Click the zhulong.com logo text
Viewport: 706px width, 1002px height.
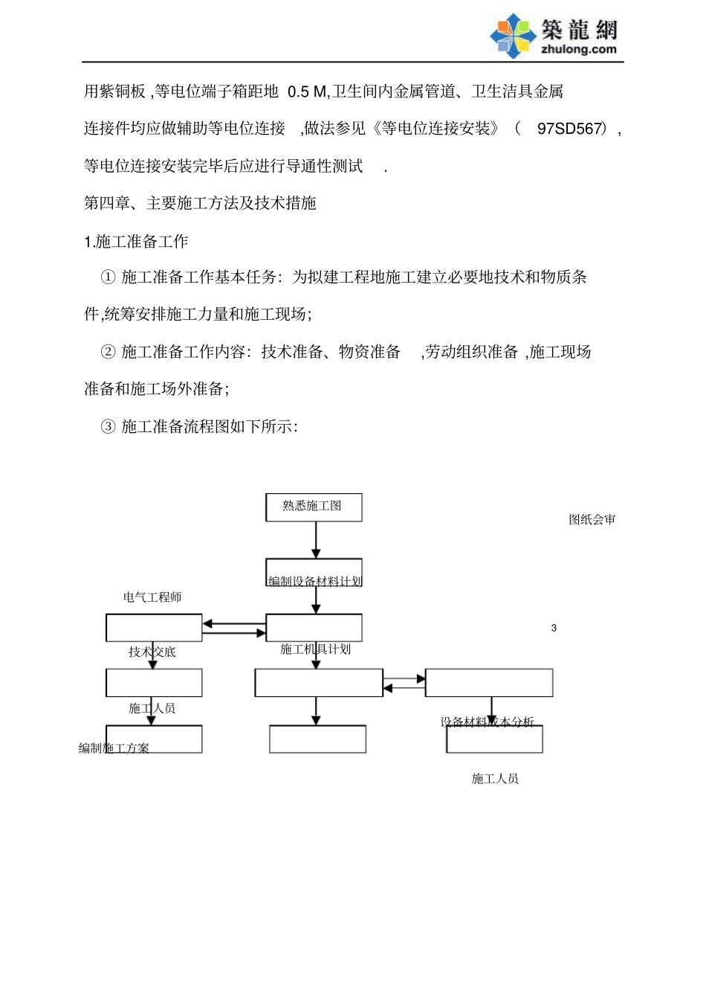pyautogui.click(x=579, y=50)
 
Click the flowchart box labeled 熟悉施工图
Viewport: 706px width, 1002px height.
pyautogui.click(x=314, y=507)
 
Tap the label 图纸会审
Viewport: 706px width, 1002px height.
pyautogui.click(x=592, y=520)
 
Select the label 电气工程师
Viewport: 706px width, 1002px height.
pyautogui.click(x=152, y=597)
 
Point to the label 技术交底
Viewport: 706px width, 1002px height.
pyautogui.click(x=152, y=652)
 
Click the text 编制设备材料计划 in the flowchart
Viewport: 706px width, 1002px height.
pyautogui.click(x=315, y=581)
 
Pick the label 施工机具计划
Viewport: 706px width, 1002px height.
pyautogui.click(x=315, y=649)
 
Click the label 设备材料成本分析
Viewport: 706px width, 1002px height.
pyautogui.click(x=487, y=722)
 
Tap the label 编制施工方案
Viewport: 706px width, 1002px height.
pyautogui.click(x=114, y=748)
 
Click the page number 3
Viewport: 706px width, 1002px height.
pyautogui.click(x=554, y=629)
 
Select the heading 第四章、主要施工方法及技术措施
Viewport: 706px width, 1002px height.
pyautogui.click(x=200, y=203)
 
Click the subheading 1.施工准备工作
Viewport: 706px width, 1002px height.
pyautogui.click(x=136, y=241)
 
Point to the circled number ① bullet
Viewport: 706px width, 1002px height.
pyautogui.click(x=108, y=277)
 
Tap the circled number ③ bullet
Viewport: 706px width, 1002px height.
pyautogui.click(x=108, y=426)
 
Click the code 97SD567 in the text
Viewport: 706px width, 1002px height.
pyautogui.click(x=569, y=129)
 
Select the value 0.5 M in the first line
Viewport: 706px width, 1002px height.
pyautogui.click(x=307, y=91)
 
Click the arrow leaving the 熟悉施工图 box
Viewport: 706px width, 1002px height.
pyautogui.click(x=316, y=539)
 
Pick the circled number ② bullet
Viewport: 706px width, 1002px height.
pyautogui.click(x=108, y=352)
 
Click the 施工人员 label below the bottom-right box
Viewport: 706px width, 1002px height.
pyautogui.click(x=495, y=779)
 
